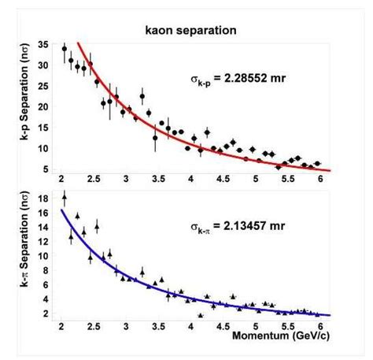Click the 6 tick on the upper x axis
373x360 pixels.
click(x=319, y=179)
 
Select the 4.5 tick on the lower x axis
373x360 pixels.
click(x=223, y=325)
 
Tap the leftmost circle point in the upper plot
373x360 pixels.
click(x=65, y=48)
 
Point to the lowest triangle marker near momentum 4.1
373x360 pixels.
click(x=201, y=315)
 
